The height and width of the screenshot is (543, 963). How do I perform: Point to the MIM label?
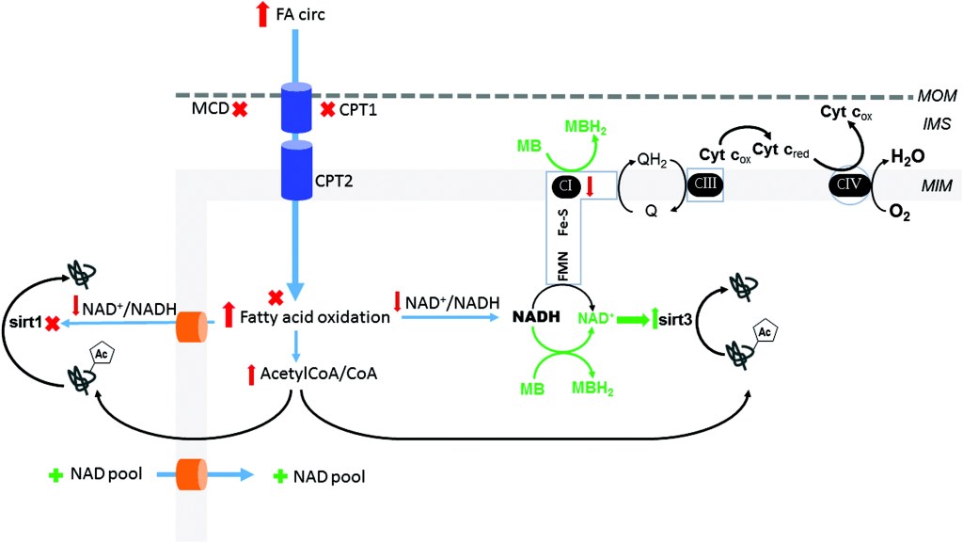[938, 188]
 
